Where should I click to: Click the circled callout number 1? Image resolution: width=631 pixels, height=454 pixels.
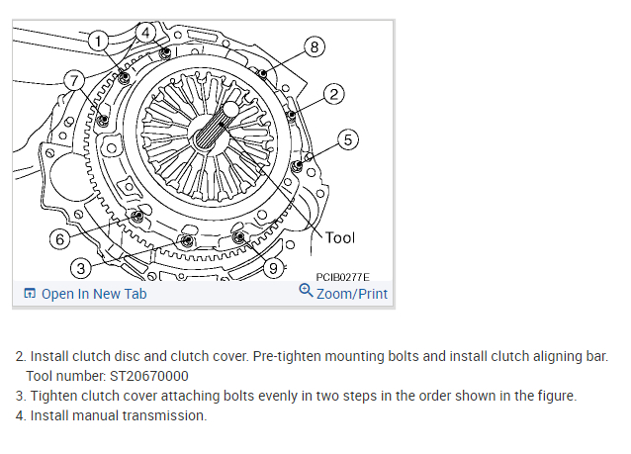point(97,40)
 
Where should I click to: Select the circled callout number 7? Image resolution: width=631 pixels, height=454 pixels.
point(72,79)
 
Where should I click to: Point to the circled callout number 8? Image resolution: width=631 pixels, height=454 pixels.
point(315,46)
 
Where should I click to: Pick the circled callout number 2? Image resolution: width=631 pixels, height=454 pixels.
point(333,94)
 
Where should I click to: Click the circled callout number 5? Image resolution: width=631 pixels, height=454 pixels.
point(348,139)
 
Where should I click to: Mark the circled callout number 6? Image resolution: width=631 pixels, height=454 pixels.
point(59,238)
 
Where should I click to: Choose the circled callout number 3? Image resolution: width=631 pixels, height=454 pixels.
point(81,267)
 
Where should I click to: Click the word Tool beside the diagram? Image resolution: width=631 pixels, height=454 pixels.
point(340,237)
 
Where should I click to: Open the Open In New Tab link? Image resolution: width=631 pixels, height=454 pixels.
point(93,294)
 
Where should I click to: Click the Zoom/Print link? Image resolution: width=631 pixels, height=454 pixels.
point(352,294)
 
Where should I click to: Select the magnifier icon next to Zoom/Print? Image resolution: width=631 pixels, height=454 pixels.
point(306,292)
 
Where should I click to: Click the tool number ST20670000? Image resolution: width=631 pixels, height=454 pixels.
point(148,376)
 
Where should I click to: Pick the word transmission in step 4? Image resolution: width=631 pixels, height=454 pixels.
point(167,415)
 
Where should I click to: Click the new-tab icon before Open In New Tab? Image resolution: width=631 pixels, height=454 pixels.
point(30,294)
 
